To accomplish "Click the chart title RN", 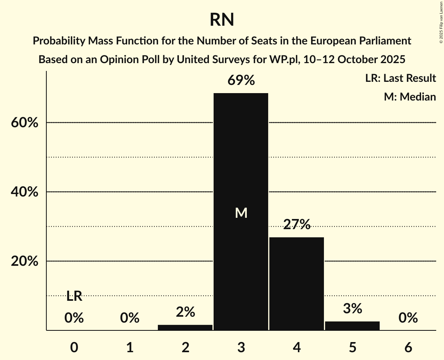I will (222, 20).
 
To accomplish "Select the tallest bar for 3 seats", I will (241, 164).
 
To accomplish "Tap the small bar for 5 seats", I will (352, 326).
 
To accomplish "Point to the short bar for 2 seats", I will (185, 327).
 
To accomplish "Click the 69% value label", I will (241, 81).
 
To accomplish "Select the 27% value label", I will (297, 224).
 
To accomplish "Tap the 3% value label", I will (352, 309).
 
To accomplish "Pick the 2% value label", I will (185, 312).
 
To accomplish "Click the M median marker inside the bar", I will (241, 213).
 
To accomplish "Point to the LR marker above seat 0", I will (74, 296).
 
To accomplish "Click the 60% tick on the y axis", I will (24, 123).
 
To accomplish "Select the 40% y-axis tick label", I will (24, 192).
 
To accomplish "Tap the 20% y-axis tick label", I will (24, 261).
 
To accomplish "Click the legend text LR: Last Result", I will (400, 78).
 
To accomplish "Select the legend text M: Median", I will (410, 97).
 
